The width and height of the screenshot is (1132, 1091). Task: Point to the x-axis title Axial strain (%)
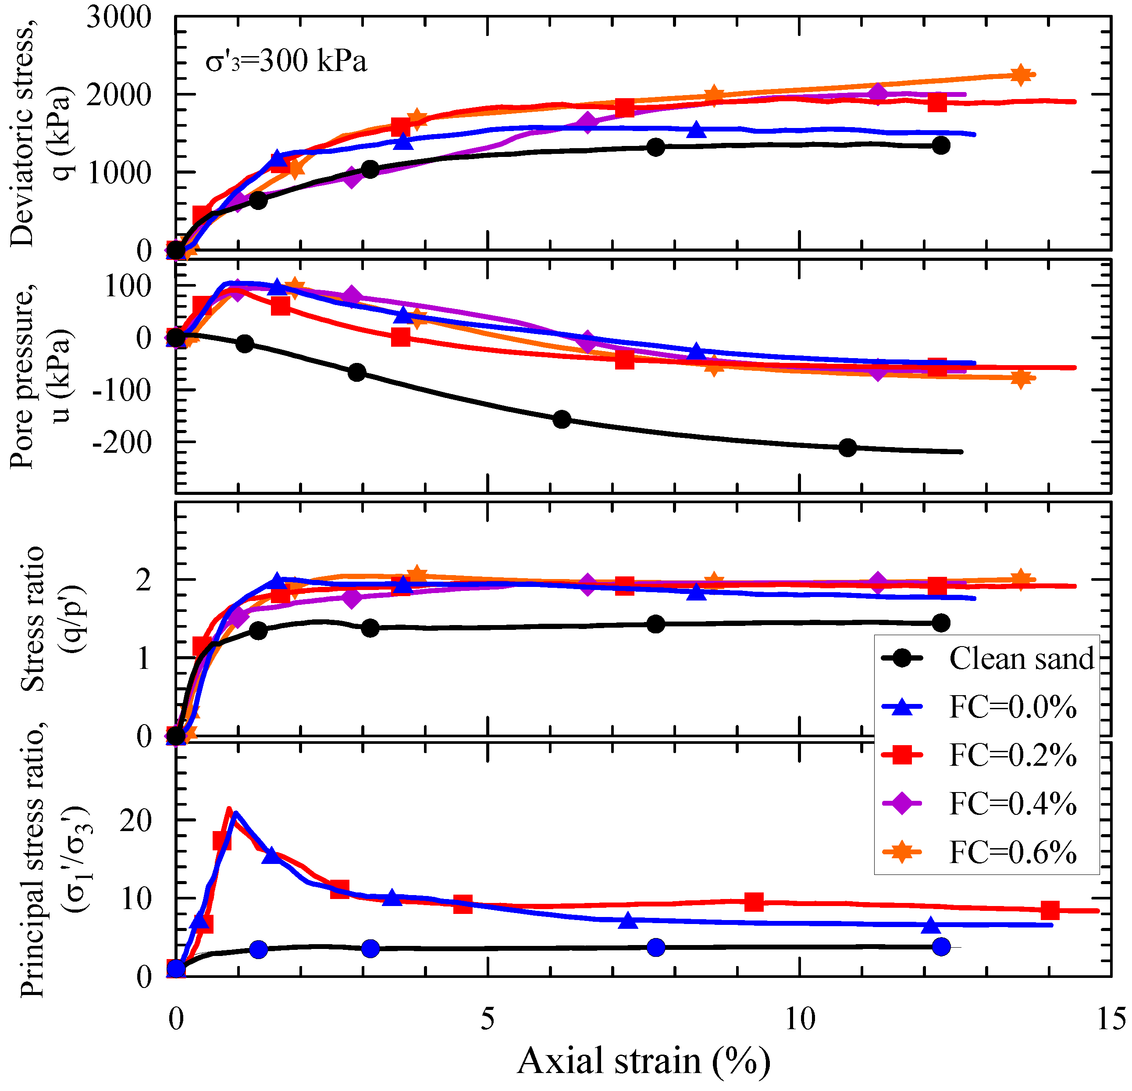(644, 1060)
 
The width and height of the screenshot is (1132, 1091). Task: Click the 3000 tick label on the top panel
(119, 18)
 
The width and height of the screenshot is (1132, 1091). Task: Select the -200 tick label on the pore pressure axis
(122, 443)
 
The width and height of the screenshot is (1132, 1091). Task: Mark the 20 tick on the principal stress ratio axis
(136, 820)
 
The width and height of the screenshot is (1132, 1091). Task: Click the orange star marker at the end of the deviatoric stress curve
(1021, 75)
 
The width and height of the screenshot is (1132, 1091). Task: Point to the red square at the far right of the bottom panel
(1050, 910)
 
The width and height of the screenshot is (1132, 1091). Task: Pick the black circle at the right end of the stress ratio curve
(941, 622)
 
